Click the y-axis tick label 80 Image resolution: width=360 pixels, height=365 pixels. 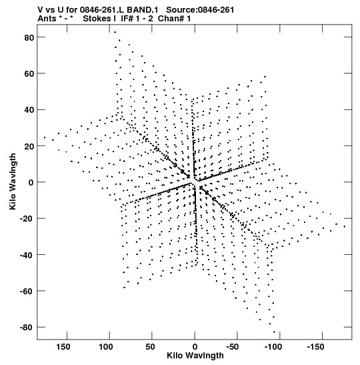pos(29,37)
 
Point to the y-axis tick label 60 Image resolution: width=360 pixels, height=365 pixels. pos(29,74)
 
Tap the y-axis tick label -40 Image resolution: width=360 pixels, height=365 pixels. pos(27,255)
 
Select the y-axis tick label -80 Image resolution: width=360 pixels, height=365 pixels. pos(27,328)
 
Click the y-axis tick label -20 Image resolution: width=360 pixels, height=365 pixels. pos(27,219)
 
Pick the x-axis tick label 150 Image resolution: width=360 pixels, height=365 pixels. pos(63,347)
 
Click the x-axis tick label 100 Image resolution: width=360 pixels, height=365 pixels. pos(106,347)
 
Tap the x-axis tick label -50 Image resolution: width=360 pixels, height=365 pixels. pos(232,347)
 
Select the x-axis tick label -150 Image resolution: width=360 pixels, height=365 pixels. pos(315,347)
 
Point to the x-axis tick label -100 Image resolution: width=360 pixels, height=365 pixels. pos(273,347)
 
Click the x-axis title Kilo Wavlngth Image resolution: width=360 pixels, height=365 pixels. pos(195,356)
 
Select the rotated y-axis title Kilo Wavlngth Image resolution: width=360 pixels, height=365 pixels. pos(13,181)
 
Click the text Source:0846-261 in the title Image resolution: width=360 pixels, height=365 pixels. pos(200,10)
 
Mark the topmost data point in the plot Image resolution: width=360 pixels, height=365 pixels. pos(115,32)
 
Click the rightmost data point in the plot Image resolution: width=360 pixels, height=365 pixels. pos(345,226)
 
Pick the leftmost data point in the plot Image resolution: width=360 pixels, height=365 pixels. pos(45,137)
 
